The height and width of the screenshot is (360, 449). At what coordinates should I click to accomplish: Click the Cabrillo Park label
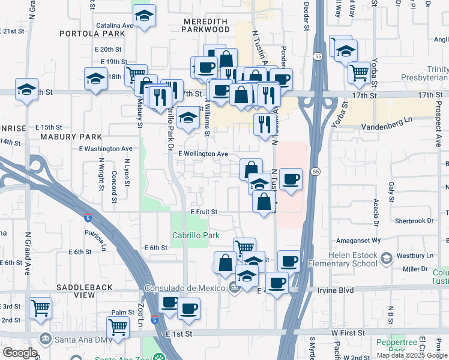tap(196, 236)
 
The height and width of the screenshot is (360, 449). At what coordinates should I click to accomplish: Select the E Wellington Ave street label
tap(203, 154)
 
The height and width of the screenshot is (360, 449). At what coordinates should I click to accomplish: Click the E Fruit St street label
tap(203, 212)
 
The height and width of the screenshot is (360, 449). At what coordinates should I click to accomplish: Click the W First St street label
tap(348, 332)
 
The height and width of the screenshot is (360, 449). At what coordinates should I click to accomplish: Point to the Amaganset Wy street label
tap(359, 239)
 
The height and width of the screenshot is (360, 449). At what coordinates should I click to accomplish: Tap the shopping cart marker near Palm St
tap(118, 327)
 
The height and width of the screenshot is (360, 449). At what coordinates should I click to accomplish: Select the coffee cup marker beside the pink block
tap(291, 179)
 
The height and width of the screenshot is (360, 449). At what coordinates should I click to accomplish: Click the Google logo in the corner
tap(20, 353)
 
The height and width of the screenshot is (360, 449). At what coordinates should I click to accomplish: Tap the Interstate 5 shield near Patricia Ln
tap(88, 218)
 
